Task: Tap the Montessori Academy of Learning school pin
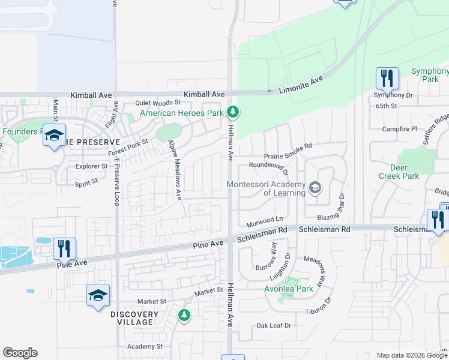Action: tap(314, 189)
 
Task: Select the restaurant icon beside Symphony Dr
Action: tap(386, 78)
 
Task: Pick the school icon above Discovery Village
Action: tap(98, 295)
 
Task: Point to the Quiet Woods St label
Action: tap(158, 103)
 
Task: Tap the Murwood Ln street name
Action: tap(264, 221)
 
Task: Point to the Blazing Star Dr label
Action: tap(342, 206)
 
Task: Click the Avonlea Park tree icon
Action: tap(292, 282)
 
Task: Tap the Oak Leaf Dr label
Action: tap(273, 325)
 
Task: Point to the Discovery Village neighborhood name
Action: tap(134, 318)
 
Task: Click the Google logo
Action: tap(20, 353)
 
